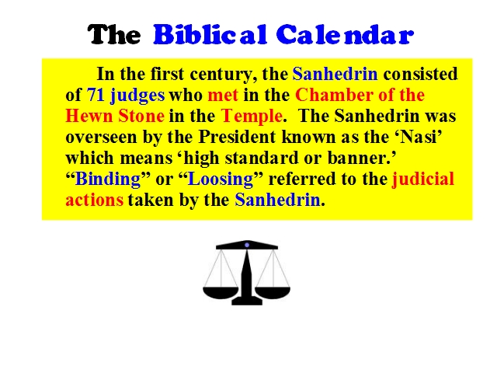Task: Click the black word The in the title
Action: [114, 34]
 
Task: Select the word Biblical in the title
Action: [210, 34]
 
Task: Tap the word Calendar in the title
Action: [345, 34]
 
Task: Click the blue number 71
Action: [96, 95]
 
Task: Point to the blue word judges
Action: [137, 96]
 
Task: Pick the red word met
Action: [223, 95]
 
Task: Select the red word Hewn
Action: [89, 116]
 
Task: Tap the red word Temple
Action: [252, 117]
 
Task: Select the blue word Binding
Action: [108, 180]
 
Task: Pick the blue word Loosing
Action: [221, 180]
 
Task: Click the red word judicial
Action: [423, 180]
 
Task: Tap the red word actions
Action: [95, 200]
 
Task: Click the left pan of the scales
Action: [221, 292]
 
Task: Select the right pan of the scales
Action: [273, 292]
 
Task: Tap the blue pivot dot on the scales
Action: [247, 245]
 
